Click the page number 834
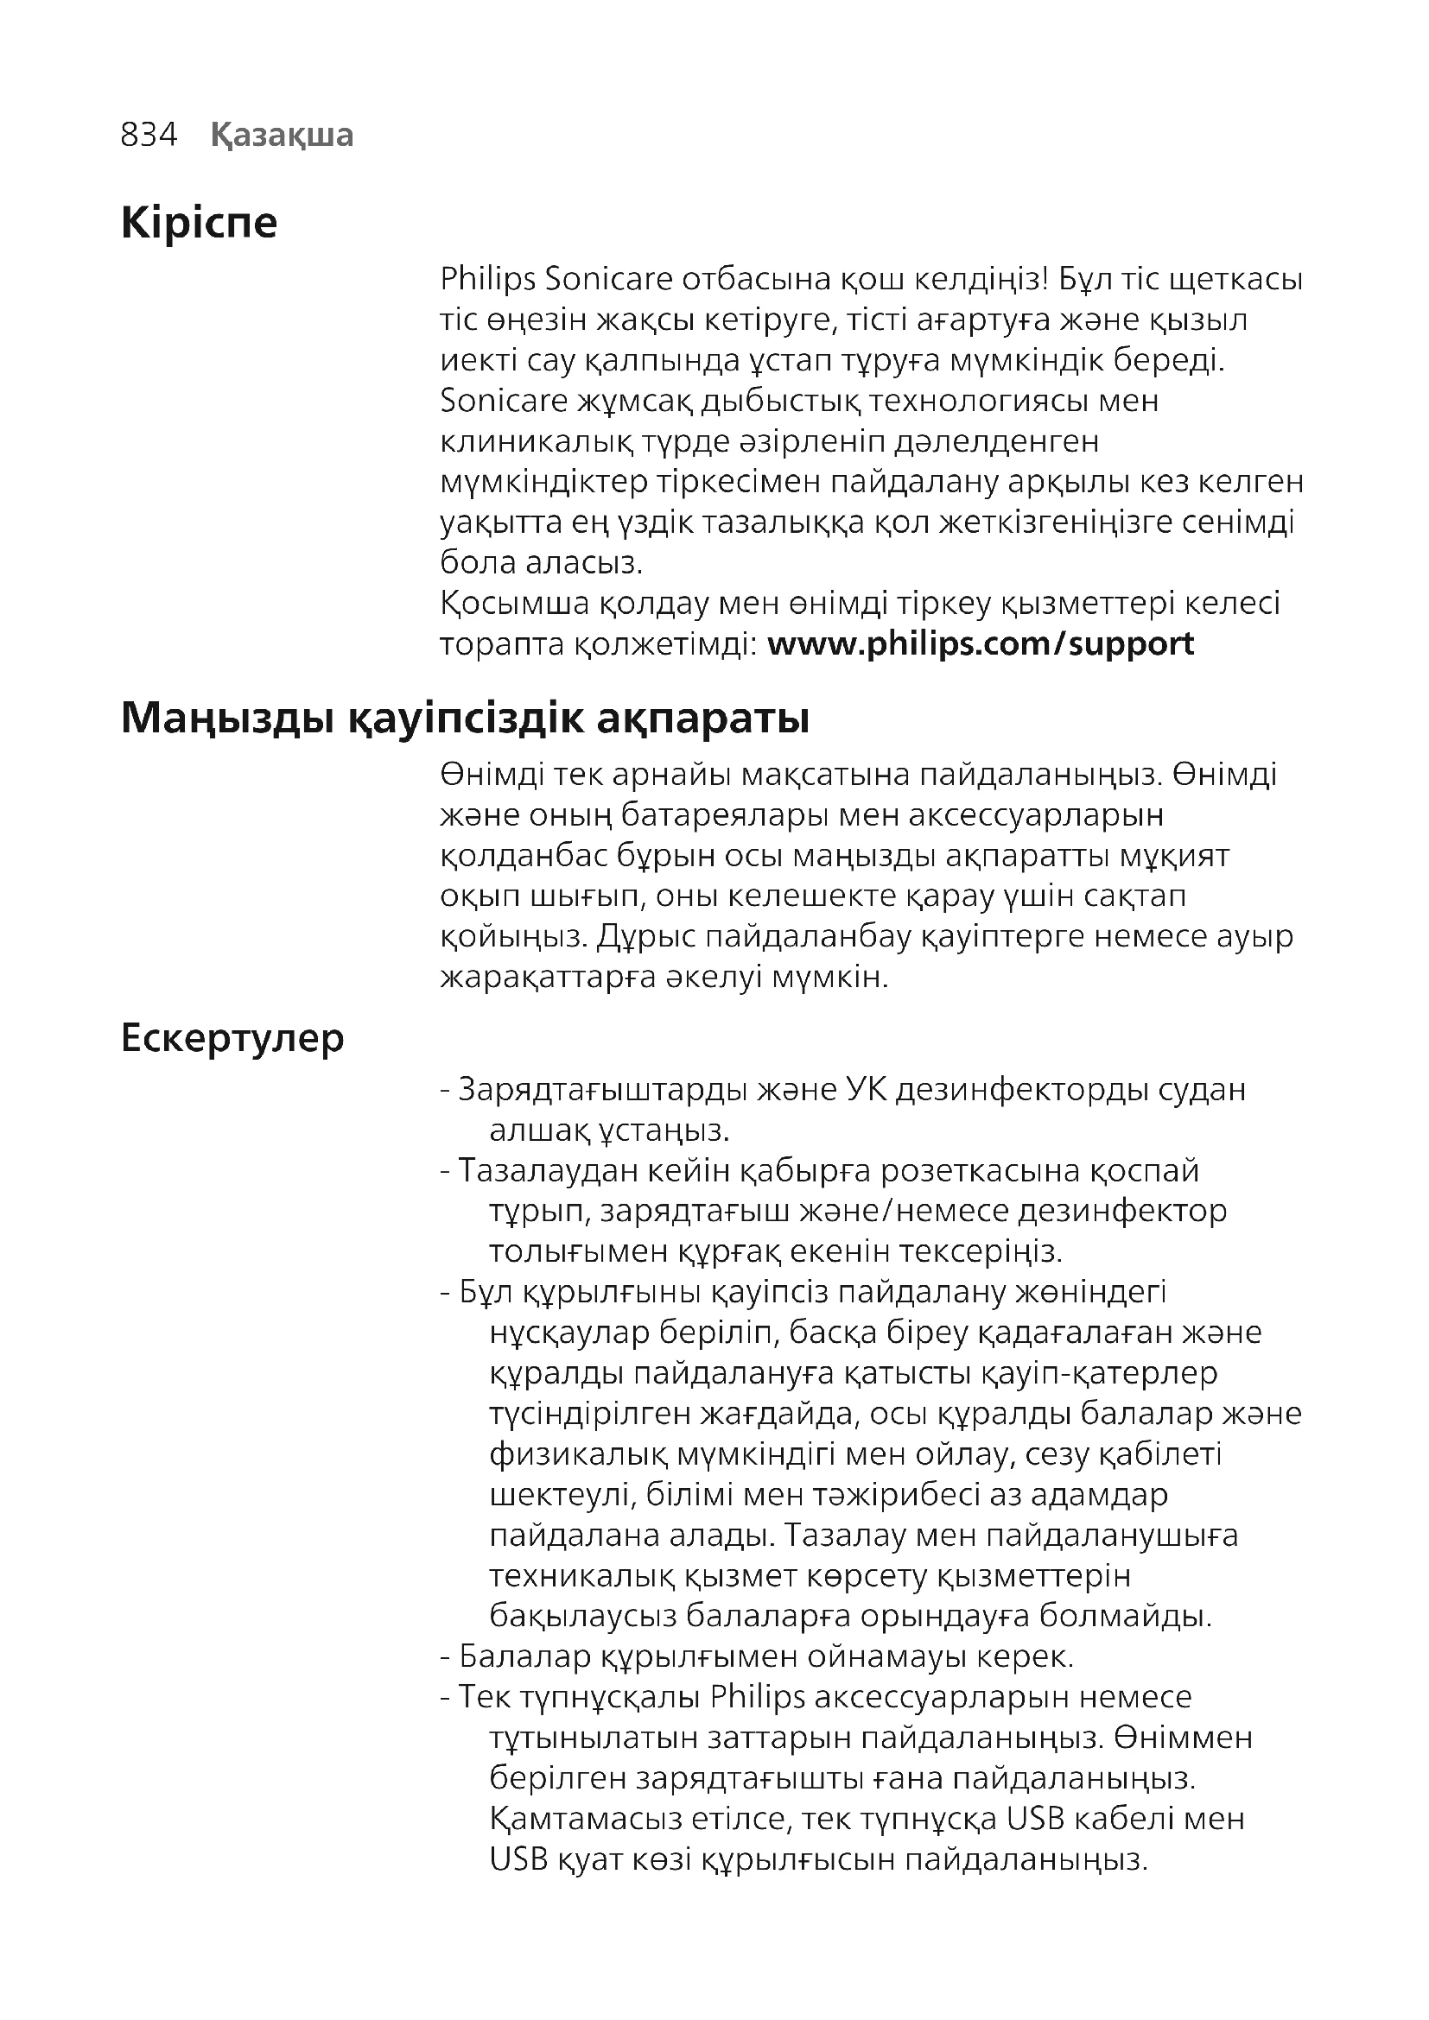149,135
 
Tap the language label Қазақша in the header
282,135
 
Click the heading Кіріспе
199,222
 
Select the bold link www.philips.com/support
981,644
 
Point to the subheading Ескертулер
232,1038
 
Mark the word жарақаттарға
547,977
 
